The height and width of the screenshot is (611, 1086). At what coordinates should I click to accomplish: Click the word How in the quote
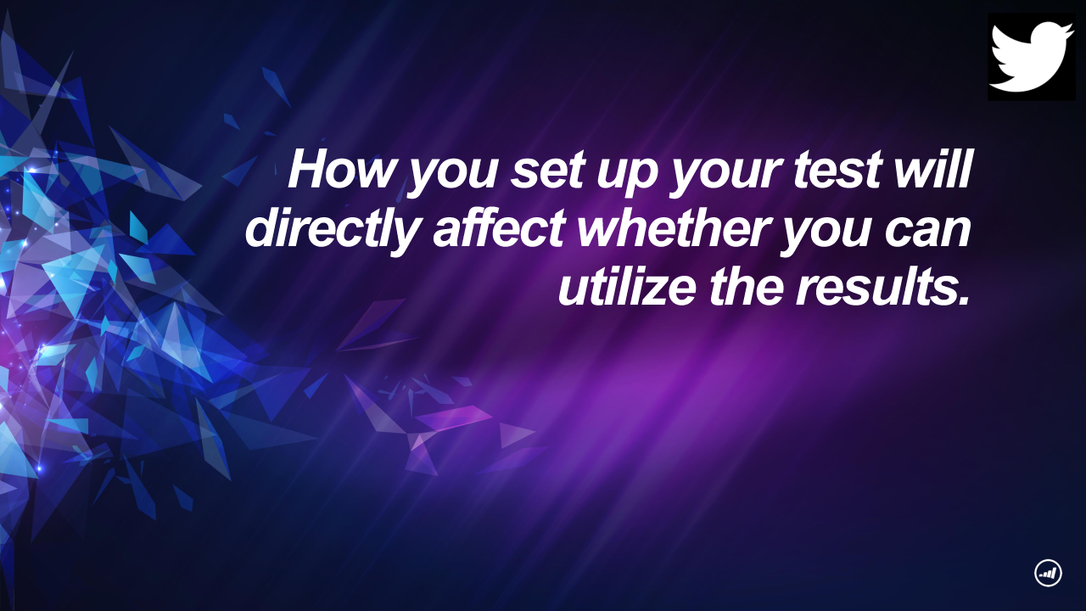340,169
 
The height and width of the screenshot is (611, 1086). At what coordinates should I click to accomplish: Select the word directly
333,232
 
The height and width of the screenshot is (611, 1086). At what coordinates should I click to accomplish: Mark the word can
927,231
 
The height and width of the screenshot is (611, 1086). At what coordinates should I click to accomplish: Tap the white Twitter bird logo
1032,57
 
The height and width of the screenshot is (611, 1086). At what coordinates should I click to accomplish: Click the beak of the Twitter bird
1068,29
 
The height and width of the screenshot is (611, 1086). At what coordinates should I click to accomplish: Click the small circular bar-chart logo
1048,573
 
